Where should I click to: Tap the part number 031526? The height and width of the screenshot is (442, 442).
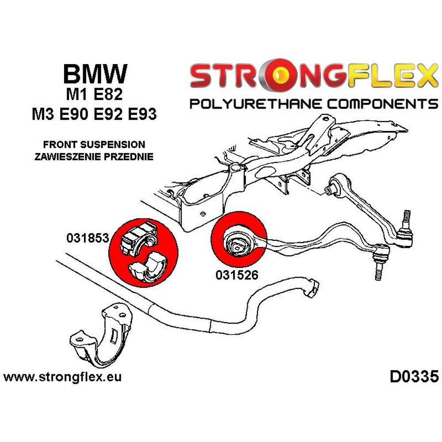(x=237, y=274)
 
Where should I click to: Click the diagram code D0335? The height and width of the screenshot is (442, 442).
(x=414, y=377)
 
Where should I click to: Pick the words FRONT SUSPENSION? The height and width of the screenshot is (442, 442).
(x=95, y=145)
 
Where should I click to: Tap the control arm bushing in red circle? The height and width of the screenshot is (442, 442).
(x=238, y=241)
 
